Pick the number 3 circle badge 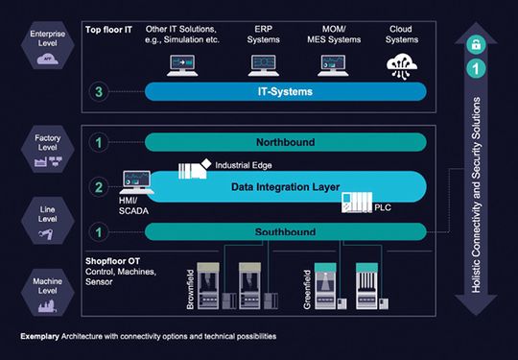coord(100,93)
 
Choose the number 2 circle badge coord(100,187)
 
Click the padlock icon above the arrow coord(473,45)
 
